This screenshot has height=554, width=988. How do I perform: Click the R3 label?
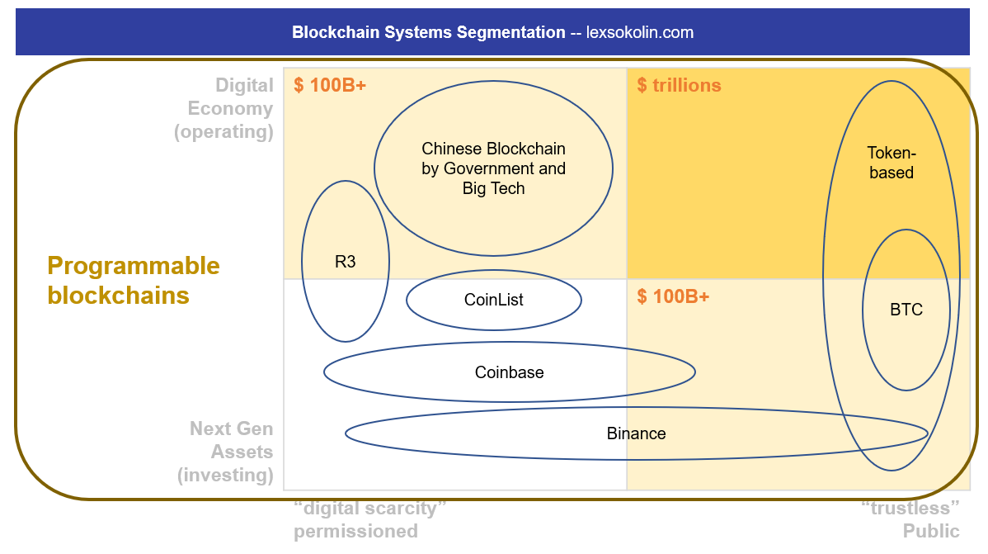[346, 263]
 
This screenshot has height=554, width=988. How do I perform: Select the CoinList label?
[493, 300]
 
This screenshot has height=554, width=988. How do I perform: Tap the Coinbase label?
[509, 372]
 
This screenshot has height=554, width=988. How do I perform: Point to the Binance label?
[636, 433]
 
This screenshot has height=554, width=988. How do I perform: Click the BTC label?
[906, 310]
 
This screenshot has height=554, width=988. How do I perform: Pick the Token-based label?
[891, 163]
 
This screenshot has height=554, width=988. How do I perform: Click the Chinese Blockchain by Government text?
[493, 168]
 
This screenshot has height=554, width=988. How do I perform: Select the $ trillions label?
[679, 85]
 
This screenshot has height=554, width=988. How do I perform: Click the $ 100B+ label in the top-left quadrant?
[330, 85]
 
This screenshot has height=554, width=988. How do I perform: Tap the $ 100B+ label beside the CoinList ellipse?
[673, 296]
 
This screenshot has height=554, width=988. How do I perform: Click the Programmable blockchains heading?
[134, 281]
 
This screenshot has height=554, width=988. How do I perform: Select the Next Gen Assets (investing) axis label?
[225, 452]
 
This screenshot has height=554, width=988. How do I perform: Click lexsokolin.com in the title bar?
[639, 33]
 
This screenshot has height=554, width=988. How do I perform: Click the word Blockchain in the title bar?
[332, 33]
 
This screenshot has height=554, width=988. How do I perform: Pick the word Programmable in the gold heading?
[134, 266]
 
